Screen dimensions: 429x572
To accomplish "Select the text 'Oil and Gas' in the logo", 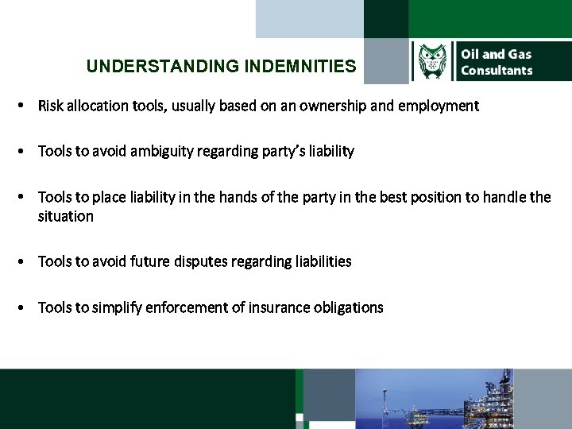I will click(x=497, y=54).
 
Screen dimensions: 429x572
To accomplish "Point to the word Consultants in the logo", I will click(x=497, y=71).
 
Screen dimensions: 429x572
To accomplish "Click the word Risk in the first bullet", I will click(x=51, y=106).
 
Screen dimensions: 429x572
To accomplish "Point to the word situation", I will click(x=65, y=217).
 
